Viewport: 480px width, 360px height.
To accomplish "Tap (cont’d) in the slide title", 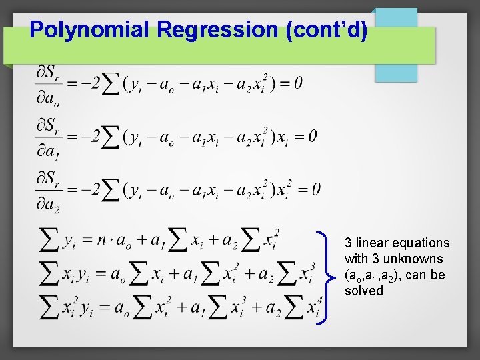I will coord(326,29).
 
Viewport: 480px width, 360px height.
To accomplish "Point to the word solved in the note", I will coord(363,291).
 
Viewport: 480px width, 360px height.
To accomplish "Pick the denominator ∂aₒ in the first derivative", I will coord(47,98).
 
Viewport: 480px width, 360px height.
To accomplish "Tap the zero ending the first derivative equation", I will coord(298,83).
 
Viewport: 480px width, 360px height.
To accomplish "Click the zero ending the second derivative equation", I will coord(312,136).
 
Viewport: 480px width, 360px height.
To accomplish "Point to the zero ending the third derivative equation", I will coord(315,189).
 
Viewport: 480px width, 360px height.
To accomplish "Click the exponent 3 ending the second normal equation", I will coord(313,265).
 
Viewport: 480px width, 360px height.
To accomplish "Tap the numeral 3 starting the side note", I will coord(348,243).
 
